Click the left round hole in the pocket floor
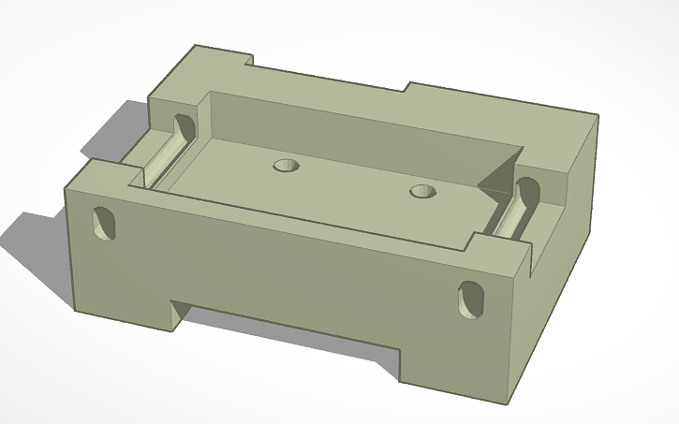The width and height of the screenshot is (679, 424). click(x=286, y=166)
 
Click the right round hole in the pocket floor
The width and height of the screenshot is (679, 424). click(x=424, y=192)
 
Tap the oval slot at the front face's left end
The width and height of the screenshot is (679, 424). click(x=105, y=224)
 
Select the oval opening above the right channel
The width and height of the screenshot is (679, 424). click(x=530, y=192)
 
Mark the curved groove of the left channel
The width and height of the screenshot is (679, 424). click(x=168, y=158)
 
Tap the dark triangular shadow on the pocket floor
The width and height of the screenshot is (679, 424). click(x=496, y=183)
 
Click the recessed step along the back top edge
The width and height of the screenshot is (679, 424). click(x=328, y=87)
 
